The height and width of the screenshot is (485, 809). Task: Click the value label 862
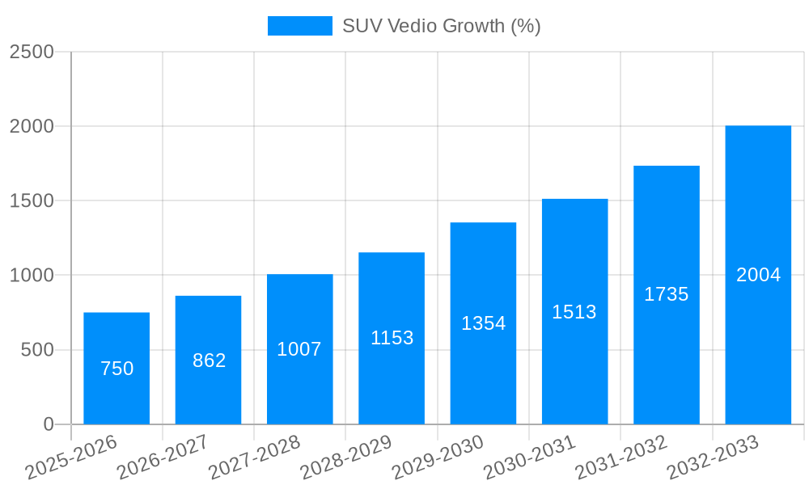[209, 361]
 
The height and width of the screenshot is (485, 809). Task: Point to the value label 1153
[392, 338]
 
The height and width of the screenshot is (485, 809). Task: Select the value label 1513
[574, 312]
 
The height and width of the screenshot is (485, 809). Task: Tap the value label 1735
[666, 294]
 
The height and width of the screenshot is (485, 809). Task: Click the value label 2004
[758, 275]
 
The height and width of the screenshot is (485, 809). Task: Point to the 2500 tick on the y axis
[32, 52]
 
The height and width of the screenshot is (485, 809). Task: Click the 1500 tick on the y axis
[32, 201]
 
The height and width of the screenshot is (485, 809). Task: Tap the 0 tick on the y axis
[48, 424]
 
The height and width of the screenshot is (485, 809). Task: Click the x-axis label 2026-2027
[163, 458]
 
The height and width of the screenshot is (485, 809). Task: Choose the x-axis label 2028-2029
[346, 458]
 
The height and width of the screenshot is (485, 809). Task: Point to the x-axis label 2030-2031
[529, 458]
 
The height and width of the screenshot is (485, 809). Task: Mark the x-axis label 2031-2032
[621, 458]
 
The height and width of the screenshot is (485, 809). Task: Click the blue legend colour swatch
[299, 26]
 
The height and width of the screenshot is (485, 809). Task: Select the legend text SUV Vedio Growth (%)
[441, 26]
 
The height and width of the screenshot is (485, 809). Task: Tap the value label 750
[116, 369]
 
